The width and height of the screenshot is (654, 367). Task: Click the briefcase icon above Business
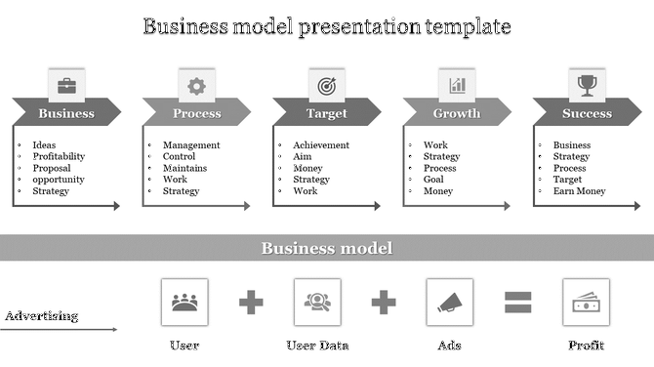tap(66, 86)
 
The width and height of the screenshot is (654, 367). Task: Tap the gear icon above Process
tap(196, 86)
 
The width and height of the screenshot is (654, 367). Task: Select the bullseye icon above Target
tap(326, 86)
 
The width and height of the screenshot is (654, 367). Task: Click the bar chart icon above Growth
tap(457, 86)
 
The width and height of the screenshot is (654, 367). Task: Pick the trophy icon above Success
tap(587, 86)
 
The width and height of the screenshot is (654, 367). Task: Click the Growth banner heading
tap(457, 113)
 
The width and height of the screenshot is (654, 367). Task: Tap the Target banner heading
tap(326, 113)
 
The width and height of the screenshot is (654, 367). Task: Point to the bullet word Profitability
tap(59, 156)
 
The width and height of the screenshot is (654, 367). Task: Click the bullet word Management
tap(191, 145)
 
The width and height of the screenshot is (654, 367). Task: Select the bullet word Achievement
tap(320, 145)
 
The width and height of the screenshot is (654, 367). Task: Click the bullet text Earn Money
tap(580, 191)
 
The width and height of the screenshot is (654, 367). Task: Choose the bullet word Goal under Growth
tap(434, 180)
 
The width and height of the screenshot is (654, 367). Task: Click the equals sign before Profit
tap(517, 303)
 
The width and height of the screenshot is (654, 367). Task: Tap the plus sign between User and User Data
tap(252, 303)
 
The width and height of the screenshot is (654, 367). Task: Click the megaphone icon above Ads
tap(450, 302)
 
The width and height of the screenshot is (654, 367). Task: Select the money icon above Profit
tap(586, 302)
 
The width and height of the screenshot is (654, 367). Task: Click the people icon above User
tap(184, 302)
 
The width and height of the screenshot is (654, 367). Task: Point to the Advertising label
tap(42, 315)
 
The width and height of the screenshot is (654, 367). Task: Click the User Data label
tap(317, 346)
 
